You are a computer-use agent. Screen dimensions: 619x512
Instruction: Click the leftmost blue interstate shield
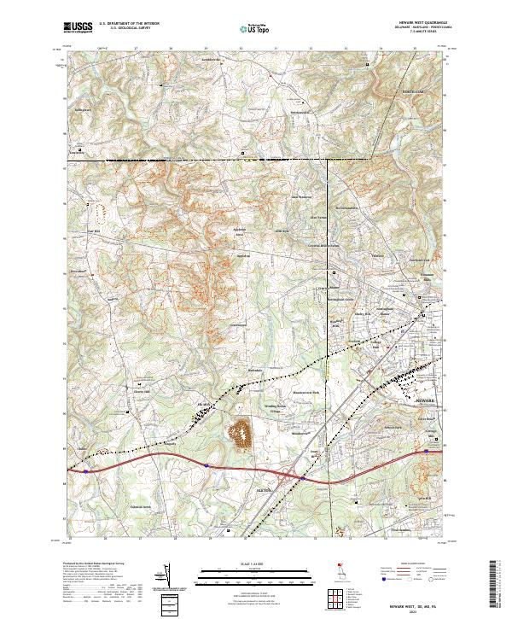tap(87, 468)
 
